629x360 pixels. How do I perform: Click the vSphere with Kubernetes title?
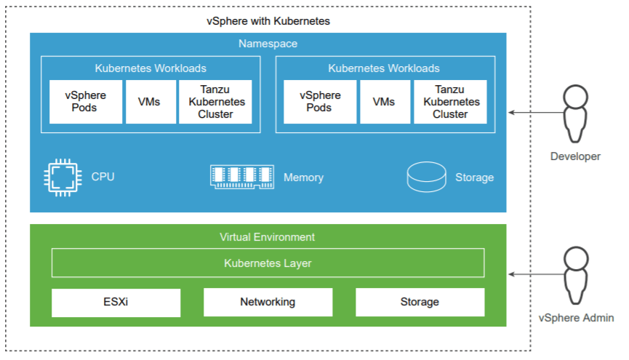(268, 21)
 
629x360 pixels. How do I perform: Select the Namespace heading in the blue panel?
(268, 44)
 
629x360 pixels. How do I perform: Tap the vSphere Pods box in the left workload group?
(86, 102)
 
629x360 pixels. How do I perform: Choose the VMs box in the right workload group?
(383, 102)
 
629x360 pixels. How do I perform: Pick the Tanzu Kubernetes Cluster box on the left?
(216, 102)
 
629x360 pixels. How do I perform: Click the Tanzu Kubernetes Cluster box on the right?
(450, 102)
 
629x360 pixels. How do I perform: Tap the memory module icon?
(242, 177)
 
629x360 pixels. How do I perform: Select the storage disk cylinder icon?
(426, 177)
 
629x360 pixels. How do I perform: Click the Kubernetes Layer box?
(268, 263)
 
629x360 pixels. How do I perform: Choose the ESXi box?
(116, 302)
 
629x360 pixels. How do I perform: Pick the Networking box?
(268, 302)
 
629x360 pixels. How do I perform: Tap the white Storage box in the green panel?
(420, 302)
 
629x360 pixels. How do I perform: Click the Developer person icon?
(575, 113)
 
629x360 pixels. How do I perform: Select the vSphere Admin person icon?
(575, 276)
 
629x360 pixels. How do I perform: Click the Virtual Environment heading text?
(268, 237)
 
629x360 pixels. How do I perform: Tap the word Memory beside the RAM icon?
(303, 177)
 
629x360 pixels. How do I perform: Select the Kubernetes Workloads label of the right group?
(384, 68)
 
